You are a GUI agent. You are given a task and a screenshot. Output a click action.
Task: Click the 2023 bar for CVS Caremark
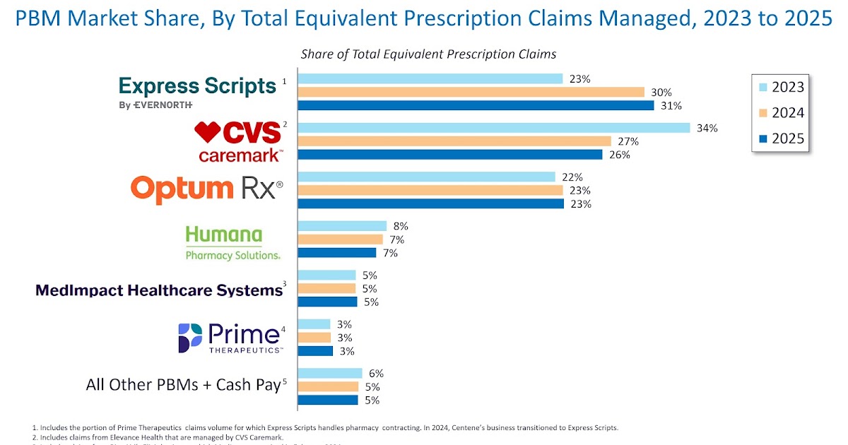pyautogui.click(x=493, y=128)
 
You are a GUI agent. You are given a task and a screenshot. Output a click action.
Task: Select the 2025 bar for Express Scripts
pyautogui.click(x=476, y=106)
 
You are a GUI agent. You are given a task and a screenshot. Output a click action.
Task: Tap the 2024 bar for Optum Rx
pyautogui.click(x=430, y=190)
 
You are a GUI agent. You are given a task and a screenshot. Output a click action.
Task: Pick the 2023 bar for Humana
pyautogui.click(x=342, y=226)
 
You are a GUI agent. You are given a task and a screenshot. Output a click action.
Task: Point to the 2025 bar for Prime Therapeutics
pyautogui.click(x=315, y=351)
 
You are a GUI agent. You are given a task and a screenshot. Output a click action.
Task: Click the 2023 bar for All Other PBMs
pyautogui.click(x=330, y=373)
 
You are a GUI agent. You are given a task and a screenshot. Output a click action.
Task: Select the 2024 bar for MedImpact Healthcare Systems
pyautogui.click(x=326, y=288)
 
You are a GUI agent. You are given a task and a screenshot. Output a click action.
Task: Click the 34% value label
pyautogui.click(x=707, y=128)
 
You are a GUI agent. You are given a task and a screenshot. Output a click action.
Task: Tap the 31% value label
pyautogui.click(x=671, y=106)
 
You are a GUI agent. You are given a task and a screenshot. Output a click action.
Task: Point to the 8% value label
pyautogui.click(x=401, y=226)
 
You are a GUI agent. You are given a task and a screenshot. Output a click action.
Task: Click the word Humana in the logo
pyautogui.click(x=223, y=235)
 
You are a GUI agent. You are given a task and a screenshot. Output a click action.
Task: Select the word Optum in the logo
pyautogui.click(x=182, y=189)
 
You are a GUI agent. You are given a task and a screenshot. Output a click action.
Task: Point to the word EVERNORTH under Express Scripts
pyautogui.click(x=163, y=105)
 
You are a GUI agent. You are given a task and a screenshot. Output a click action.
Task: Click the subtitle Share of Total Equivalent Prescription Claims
pyautogui.click(x=428, y=54)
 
